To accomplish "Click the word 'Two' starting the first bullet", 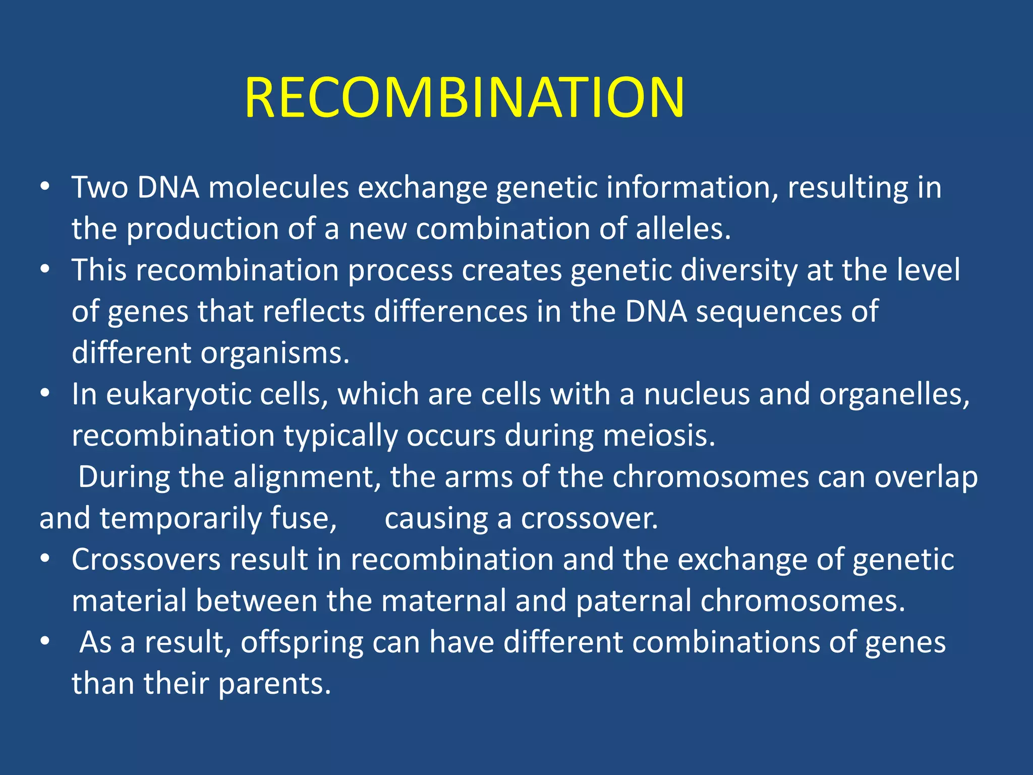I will coord(99,187).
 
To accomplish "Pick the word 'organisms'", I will coord(274,353).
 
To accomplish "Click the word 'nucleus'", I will coord(697,395).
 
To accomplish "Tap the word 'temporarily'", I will coord(180,519).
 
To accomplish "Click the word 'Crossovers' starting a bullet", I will coord(146,560).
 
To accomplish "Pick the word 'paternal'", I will coord(633,601).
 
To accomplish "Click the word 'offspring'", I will coord(302,643).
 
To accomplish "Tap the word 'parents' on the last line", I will coord(274,684).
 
